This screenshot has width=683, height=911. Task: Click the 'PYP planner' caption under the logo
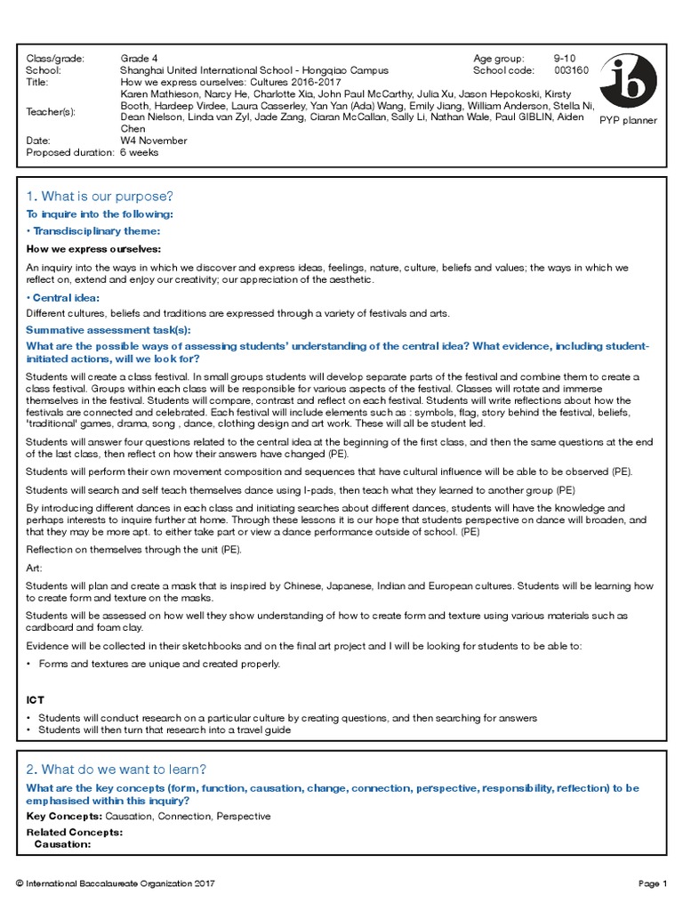click(628, 120)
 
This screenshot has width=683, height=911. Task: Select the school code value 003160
click(571, 70)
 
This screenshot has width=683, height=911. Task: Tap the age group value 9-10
click(565, 59)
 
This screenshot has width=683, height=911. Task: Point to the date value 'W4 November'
click(154, 141)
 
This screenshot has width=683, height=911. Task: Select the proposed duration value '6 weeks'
click(140, 152)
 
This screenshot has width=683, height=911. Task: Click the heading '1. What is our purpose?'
click(100, 196)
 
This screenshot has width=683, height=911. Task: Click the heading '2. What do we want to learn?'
click(116, 770)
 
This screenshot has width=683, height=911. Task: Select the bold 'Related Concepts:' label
click(75, 833)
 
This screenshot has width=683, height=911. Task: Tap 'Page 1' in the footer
click(652, 883)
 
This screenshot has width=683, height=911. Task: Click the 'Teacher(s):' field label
click(51, 111)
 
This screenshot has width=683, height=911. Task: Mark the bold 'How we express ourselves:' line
click(93, 248)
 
